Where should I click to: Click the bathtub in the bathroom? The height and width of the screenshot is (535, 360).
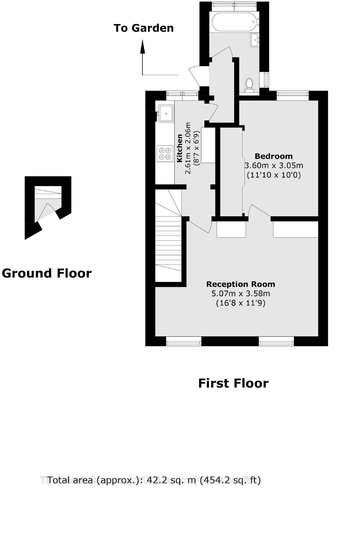click(234, 22)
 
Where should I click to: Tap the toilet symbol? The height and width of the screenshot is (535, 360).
click(249, 84)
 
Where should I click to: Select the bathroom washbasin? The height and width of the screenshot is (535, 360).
click(255, 40)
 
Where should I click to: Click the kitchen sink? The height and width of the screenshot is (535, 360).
click(166, 113)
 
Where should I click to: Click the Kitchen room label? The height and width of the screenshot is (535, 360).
click(180, 148)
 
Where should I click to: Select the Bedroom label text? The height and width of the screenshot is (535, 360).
click(273, 156)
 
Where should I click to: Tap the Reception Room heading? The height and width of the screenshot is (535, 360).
click(240, 284)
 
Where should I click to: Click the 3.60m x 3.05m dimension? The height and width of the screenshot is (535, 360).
click(273, 166)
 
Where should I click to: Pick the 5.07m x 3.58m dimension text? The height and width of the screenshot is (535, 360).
click(240, 293)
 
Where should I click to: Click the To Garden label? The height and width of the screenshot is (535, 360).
click(144, 28)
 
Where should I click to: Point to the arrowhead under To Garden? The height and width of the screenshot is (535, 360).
click(142, 47)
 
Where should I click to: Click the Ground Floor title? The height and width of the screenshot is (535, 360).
click(47, 273)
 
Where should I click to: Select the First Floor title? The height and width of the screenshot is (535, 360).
click(233, 383)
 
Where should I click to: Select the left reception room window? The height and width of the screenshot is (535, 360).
click(184, 341)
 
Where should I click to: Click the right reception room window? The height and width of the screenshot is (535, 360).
click(276, 341)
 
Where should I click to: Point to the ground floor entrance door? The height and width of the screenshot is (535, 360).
click(46, 212)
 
